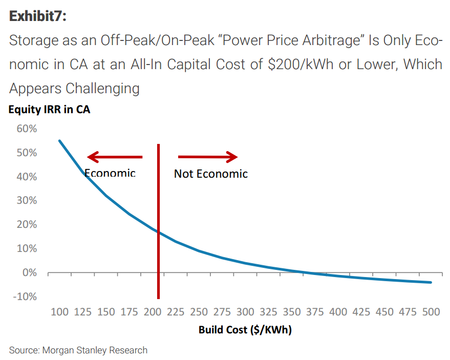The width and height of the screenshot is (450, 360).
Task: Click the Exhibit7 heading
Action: coord(38,16)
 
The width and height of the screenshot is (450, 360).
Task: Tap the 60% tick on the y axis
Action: coord(26,129)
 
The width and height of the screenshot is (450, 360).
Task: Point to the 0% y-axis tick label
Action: coord(29,272)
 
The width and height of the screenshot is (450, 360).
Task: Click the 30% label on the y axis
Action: coord(26,200)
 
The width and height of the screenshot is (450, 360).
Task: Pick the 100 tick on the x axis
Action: coord(59,312)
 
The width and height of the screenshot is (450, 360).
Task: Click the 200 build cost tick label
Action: coord(153,312)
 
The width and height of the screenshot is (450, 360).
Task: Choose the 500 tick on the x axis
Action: coord(431,312)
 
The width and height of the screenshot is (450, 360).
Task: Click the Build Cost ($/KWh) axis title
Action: coord(245,330)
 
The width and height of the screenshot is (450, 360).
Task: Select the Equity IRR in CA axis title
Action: coord(49,109)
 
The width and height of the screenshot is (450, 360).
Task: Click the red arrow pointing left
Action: coord(115,157)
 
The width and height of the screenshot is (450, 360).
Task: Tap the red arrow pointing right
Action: coord(208,157)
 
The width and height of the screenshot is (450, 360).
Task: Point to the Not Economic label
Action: coord(210,174)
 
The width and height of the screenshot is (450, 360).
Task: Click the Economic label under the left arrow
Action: coord(110,173)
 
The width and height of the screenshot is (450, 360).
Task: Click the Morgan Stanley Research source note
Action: coord(78,350)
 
